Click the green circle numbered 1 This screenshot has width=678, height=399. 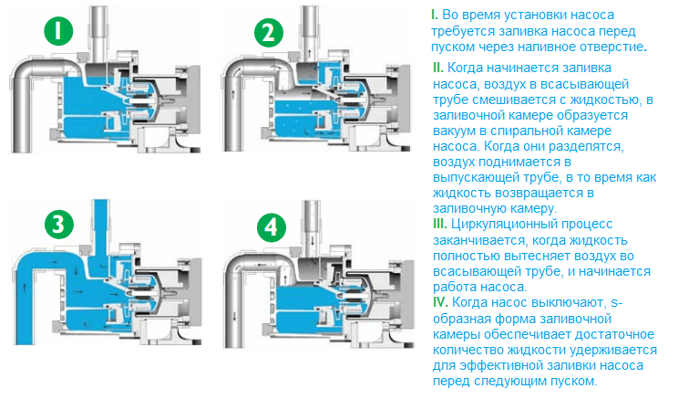[x=58, y=31]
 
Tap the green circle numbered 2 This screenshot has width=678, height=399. [x=269, y=33]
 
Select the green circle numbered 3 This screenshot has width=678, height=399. [x=59, y=225]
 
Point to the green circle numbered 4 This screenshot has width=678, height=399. [x=272, y=227]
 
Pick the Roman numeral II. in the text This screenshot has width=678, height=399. [x=438, y=68]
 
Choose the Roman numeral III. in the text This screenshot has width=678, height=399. [x=440, y=224]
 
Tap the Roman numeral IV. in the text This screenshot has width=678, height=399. [x=440, y=302]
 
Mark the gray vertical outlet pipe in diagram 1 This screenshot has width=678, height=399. [x=98, y=34]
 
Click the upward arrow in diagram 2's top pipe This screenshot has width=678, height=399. [x=310, y=52]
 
